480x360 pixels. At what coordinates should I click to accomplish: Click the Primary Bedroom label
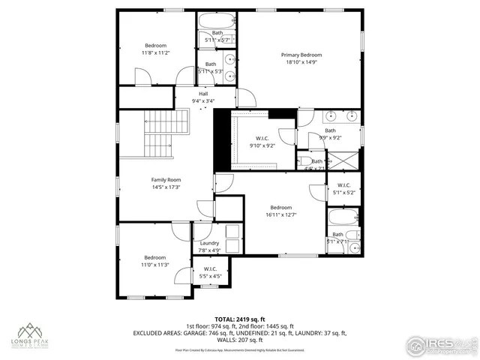click(301, 55)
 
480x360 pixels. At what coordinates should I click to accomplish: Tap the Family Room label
click(166, 180)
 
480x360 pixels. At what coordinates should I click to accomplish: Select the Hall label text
click(203, 93)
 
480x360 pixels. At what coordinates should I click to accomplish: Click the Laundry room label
click(209, 243)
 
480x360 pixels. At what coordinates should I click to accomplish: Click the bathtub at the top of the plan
click(217, 20)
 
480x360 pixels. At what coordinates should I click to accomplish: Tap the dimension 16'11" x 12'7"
click(280, 215)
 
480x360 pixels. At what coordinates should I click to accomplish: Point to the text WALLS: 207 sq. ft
click(240, 340)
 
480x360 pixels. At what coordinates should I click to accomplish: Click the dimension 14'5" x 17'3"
click(166, 187)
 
